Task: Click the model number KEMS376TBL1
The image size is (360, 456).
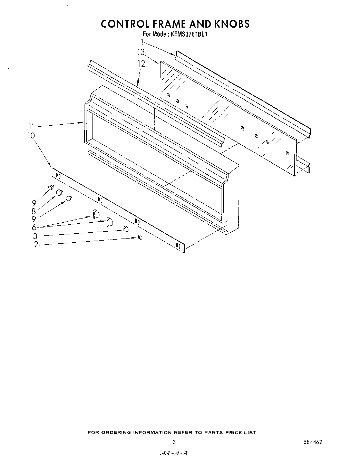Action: (x=189, y=34)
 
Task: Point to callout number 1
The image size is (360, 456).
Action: (x=142, y=42)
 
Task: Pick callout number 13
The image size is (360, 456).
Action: (x=140, y=52)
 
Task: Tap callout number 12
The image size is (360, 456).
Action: (x=141, y=64)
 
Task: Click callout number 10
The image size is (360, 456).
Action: (x=31, y=136)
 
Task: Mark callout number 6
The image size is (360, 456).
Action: (x=34, y=227)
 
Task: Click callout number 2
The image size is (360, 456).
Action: (x=36, y=245)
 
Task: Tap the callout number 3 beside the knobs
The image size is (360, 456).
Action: (x=35, y=236)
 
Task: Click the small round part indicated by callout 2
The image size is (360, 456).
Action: (x=140, y=237)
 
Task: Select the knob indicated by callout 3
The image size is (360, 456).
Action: (x=126, y=229)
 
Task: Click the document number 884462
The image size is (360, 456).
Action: (x=313, y=442)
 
